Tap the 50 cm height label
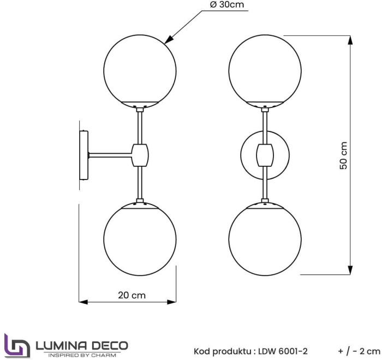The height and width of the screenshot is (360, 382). tap(344, 155)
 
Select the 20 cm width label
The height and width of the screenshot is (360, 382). tap(132, 295)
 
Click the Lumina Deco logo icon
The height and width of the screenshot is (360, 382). tap(17, 346)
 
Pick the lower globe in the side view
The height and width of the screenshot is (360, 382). tap(140, 240)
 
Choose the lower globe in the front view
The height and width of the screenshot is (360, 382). tap(265, 240)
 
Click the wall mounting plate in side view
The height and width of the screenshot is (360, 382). tap(83, 155)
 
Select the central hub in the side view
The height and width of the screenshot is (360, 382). tap(140, 154)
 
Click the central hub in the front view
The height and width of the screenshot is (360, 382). tap(265, 154)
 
